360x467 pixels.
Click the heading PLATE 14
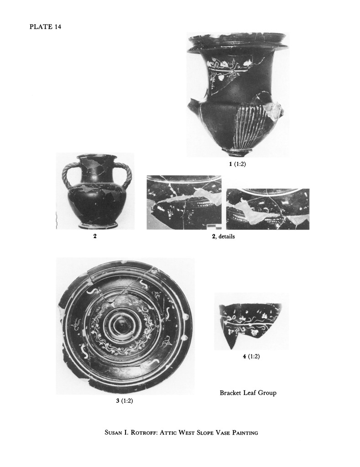45,27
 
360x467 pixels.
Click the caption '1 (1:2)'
238,164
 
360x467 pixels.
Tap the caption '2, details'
223,237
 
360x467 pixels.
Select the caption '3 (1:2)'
125,401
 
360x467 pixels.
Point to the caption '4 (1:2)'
251,356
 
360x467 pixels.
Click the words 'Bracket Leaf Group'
248,393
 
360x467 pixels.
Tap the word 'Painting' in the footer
245,432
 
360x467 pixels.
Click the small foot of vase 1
238,152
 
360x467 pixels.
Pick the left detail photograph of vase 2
184,202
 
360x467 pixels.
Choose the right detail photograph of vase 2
268,209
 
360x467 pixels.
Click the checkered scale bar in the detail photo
214,227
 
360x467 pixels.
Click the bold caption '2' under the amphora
95,237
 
